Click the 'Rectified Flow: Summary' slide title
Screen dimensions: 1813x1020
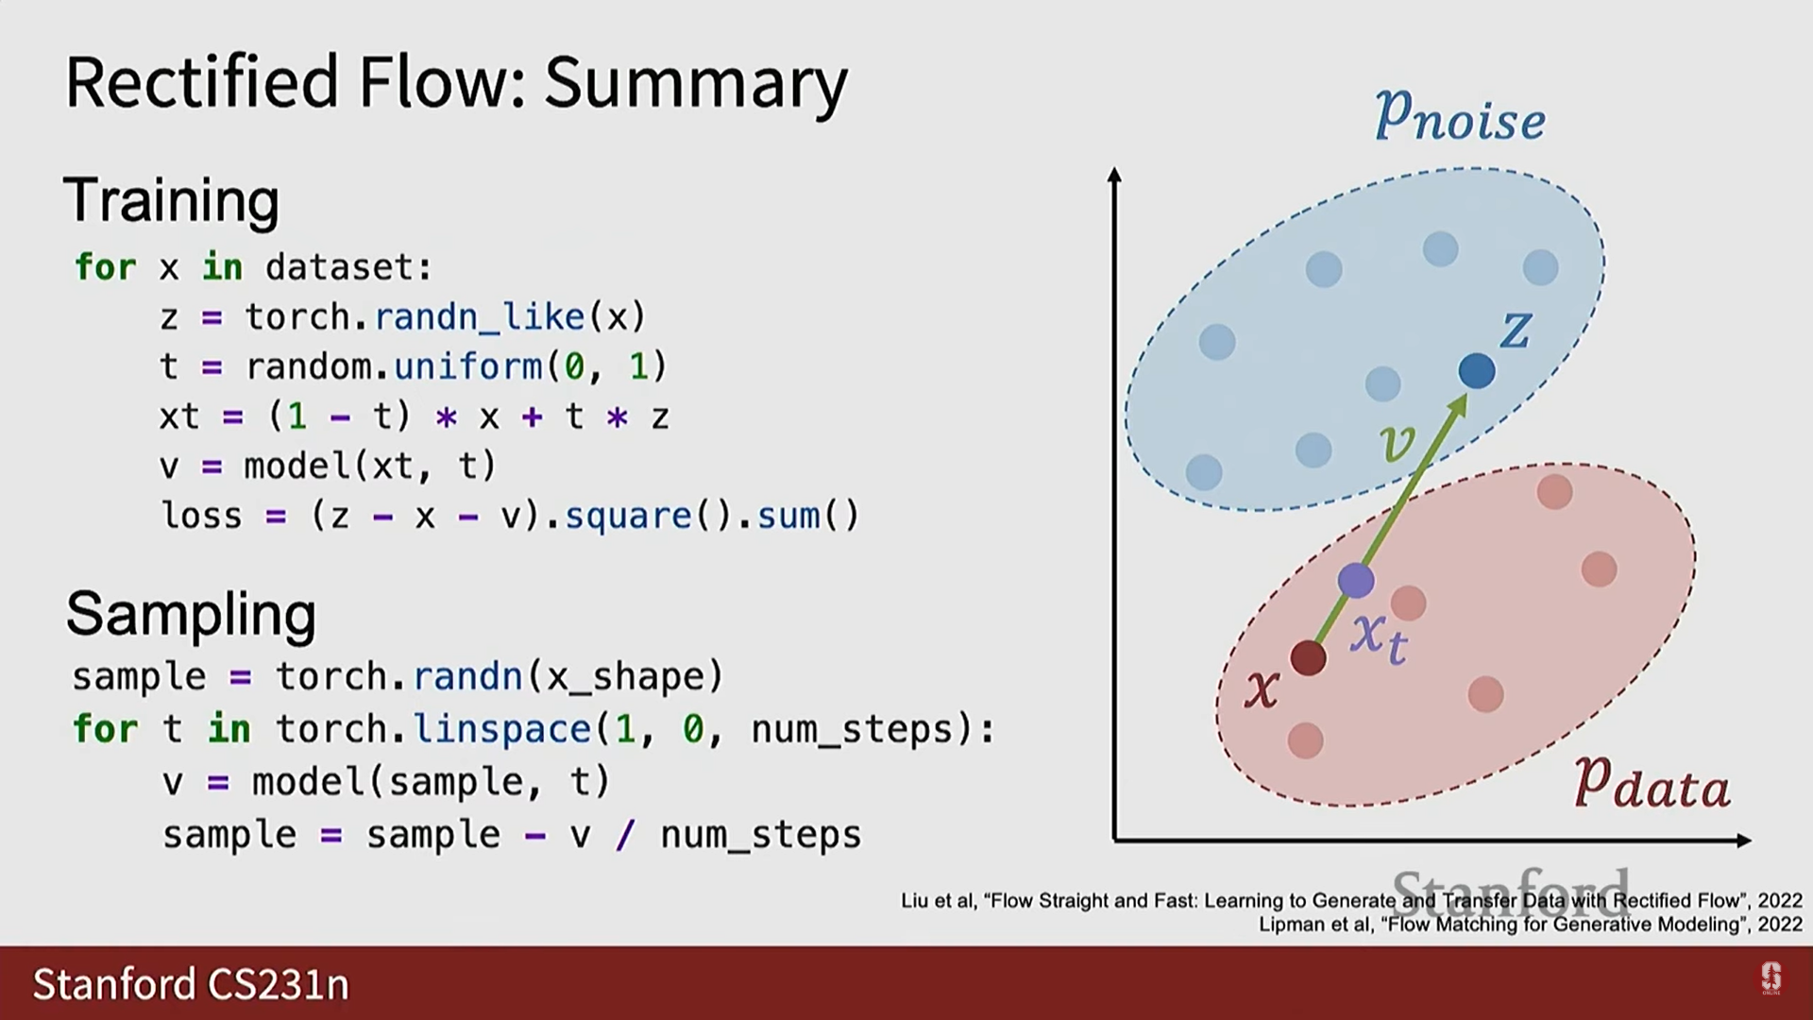pos(457,84)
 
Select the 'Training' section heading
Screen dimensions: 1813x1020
pos(172,201)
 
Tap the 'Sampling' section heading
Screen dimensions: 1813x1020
pos(191,615)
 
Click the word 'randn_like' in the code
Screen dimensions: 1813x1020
pos(480,316)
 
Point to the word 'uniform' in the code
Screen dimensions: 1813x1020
pos(468,366)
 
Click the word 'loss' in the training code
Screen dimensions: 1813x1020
pos(202,516)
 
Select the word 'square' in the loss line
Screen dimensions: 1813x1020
pos(628,517)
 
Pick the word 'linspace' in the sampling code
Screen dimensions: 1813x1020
pos(503,730)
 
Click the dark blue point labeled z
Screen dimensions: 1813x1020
pos(1477,370)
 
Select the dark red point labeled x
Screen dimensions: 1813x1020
pos(1308,657)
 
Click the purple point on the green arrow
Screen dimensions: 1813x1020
pos(1356,580)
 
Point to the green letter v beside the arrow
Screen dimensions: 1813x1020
pos(1398,441)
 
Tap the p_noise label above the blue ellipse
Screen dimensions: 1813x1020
pos(1460,116)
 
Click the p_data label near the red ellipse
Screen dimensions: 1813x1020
pos(1652,783)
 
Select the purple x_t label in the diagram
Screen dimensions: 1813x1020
pos(1379,637)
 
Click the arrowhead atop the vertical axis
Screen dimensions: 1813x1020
pos(1114,175)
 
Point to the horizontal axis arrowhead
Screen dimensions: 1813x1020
pos(1744,840)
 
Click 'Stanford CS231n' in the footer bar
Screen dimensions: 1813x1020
pos(191,984)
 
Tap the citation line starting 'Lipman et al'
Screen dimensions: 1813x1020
pos(1531,925)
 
